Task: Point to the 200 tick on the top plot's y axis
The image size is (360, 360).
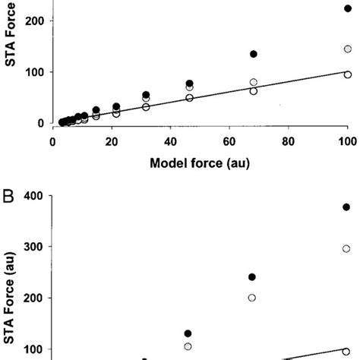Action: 33,21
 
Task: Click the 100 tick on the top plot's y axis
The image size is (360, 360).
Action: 33,72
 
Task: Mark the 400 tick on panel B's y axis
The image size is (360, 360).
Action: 33,196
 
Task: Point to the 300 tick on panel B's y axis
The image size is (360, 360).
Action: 33,247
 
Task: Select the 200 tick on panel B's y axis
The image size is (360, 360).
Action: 33,298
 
